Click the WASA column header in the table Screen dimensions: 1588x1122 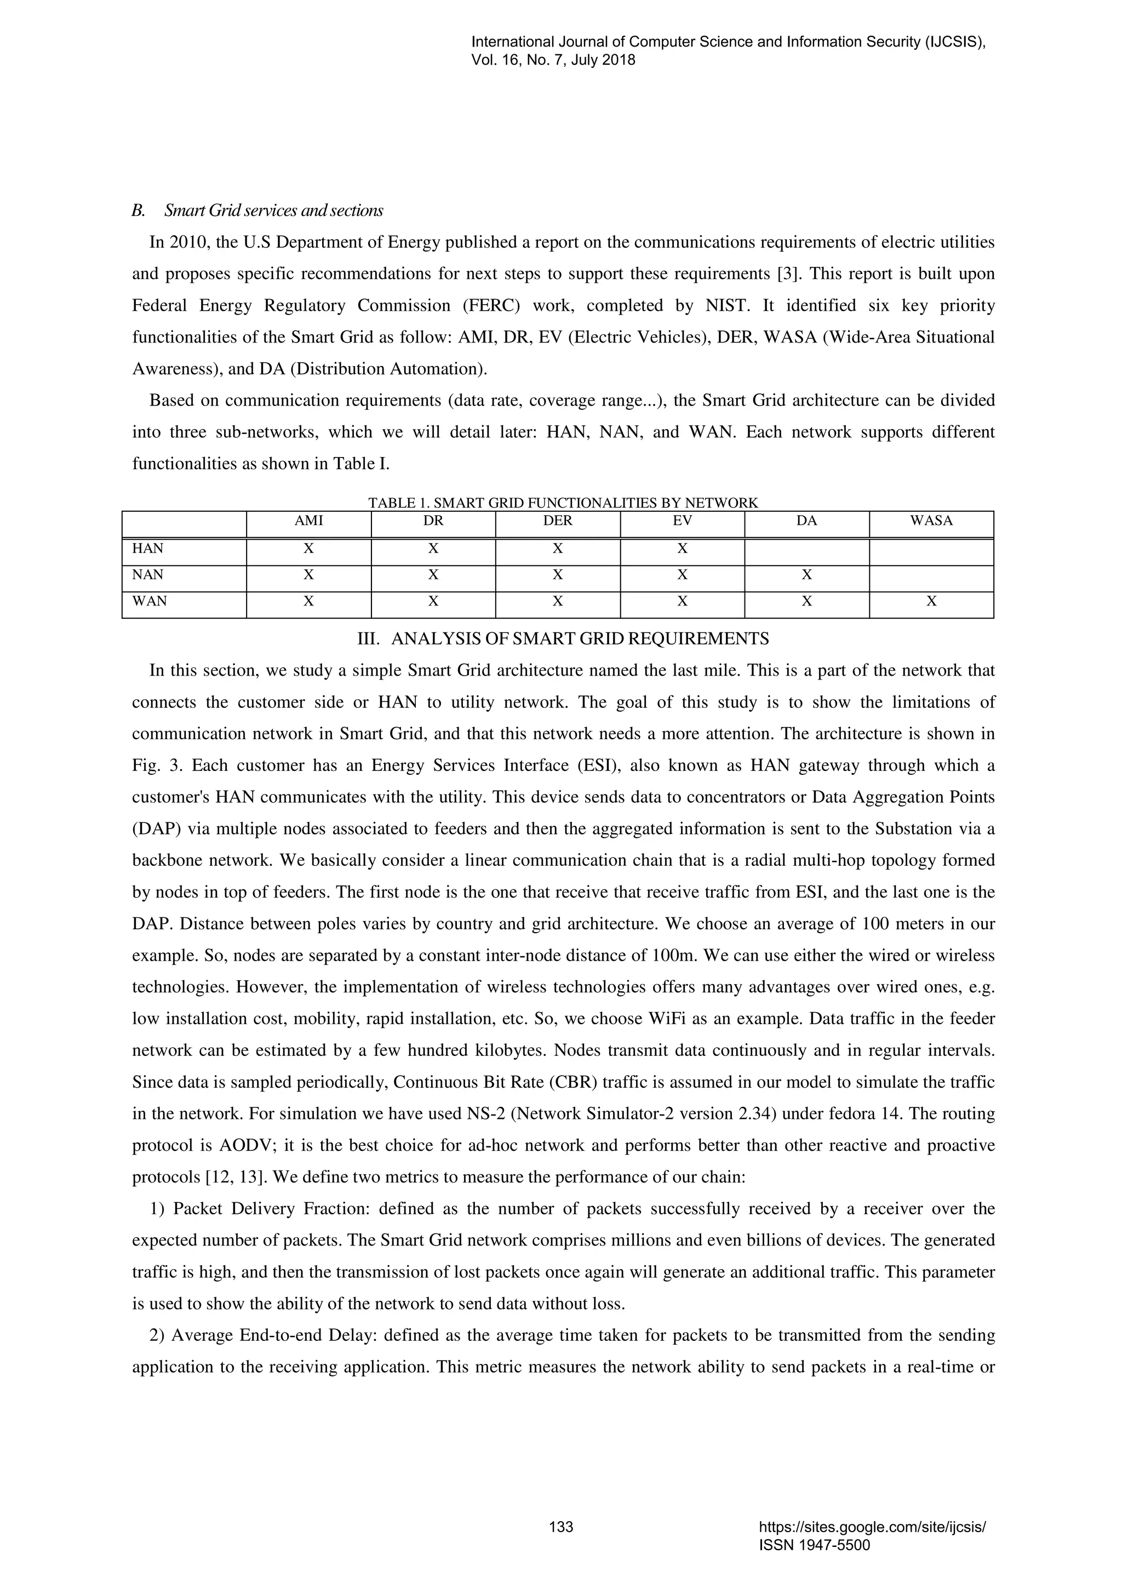pyautogui.click(x=931, y=521)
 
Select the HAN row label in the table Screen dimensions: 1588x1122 pyautogui.click(x=148, y=549)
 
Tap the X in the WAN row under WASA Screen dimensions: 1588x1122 pyautogui.click(x=931, y=601)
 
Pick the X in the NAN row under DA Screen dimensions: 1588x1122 pyautogui.click(x=806, y=575)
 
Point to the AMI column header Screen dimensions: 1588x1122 pyautogui.click(x=308, y=521)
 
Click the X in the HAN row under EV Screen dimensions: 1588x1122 pyautogui.click(x=682, y=549)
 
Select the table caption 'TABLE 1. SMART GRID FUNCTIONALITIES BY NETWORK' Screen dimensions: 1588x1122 pyautogui.click(x=563, y=503)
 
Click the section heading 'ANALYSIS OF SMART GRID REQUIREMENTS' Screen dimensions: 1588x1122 pyautogui.click(x=579, y=638)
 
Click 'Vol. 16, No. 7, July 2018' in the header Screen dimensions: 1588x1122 pyautogui.click(x=552, y=60)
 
